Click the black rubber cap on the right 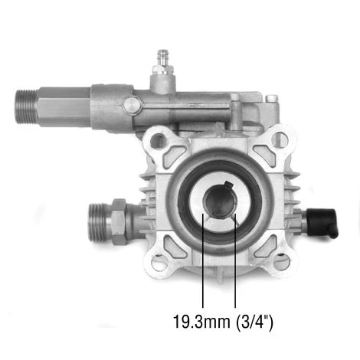(322, 221)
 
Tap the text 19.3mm (201, 322)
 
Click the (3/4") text (254, 322)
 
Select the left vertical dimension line (203, 260)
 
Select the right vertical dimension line (235, 260)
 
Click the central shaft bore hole (219, 202)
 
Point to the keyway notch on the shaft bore (228, 185)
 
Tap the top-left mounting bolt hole (159, 140)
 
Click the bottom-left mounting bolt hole (159, 263)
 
